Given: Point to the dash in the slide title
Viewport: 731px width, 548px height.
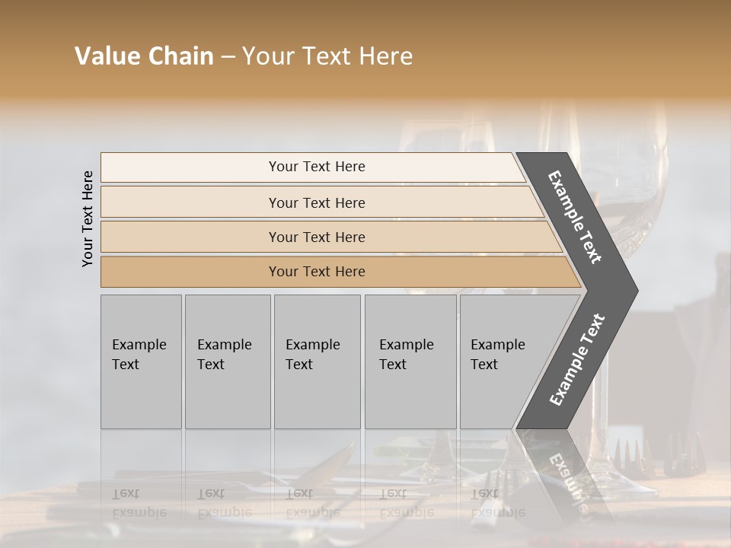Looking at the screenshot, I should (228, 57).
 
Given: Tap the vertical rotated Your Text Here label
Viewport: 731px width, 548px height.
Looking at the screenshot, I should (88, 218).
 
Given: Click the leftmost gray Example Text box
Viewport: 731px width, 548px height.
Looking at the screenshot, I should (141, 362).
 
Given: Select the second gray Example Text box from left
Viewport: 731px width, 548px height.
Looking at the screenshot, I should (227, 362).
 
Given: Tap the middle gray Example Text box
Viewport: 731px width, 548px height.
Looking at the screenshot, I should (317, 362).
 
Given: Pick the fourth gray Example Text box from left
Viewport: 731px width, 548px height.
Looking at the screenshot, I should (410, 362).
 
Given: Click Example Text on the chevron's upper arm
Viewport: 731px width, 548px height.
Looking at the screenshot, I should (575, 217).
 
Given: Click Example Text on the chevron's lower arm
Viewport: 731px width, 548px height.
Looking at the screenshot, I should (576, 360).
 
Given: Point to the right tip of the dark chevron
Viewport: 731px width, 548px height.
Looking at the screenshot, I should (637, 290).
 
